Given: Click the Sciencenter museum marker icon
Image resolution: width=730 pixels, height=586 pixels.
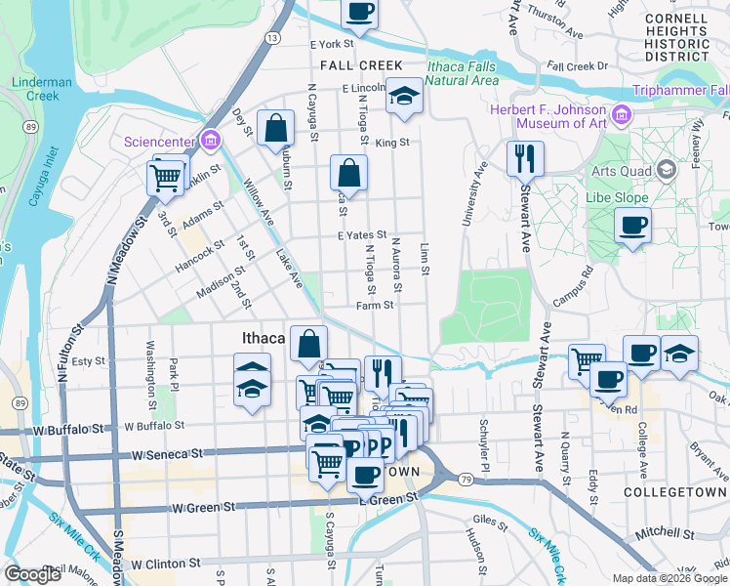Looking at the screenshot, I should (209, 141).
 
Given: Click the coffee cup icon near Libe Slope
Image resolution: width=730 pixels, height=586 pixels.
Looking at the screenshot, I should (632, 227).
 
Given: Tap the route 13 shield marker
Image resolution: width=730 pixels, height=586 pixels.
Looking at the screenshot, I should (272, 37).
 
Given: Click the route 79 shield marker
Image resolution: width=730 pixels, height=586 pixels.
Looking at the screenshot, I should (466, 479).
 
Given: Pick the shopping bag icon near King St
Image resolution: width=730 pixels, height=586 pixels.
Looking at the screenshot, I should (276, 127).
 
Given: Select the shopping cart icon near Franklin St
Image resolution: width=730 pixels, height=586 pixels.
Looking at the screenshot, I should (166, 177).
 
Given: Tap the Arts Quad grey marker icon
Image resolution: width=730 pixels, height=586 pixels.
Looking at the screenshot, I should (667, 171).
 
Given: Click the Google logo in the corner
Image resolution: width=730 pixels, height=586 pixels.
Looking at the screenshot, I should (33, 574).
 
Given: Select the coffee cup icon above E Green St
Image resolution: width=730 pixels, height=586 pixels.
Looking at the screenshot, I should (365, 475).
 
